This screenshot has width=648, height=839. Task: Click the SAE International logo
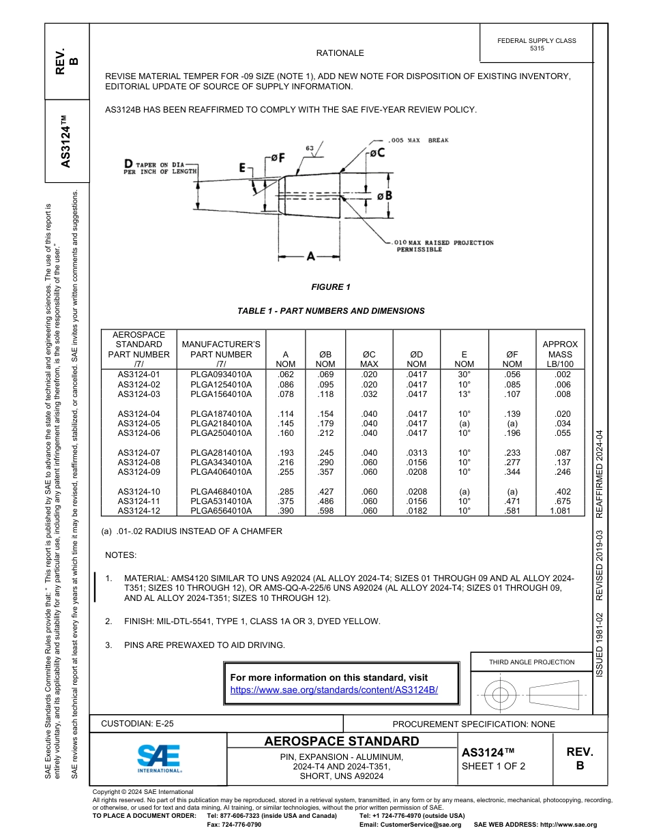pyautogui.click(x=158, y=758)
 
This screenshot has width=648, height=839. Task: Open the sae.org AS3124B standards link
pyautogui.click(x=334, y=690)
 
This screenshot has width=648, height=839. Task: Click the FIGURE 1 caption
pyautogui.click(x=331, y=287)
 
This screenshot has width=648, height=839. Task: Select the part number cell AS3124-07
pyautogui.click(x=138, y=453)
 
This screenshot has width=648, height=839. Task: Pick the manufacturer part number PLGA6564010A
pyautogui.click(x=221, y=511)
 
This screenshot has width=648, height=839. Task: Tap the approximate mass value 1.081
pyautogui.click(x=563, y=511)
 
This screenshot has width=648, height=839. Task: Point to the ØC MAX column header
pyautogui.click(x=368, y=359)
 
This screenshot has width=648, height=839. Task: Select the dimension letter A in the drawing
pyautogui.click(x=311, y=256)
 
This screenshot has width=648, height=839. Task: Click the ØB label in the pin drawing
pyautogui.click(x=385, y=196)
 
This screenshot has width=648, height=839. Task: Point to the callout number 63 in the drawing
pyautogui.click(x=310, y=148)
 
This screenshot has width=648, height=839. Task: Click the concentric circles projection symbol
pyautogui.click(x=501, y=695)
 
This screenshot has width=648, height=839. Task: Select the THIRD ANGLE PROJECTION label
pyautogui.click(x=531, y=662)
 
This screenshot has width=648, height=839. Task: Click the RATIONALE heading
pyautogui.click(x=340, y=53)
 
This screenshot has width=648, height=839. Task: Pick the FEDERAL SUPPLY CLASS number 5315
pyautogui.click(x=537, y=49)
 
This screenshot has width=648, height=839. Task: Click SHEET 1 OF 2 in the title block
pyautogui.click(x=493, y=766)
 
